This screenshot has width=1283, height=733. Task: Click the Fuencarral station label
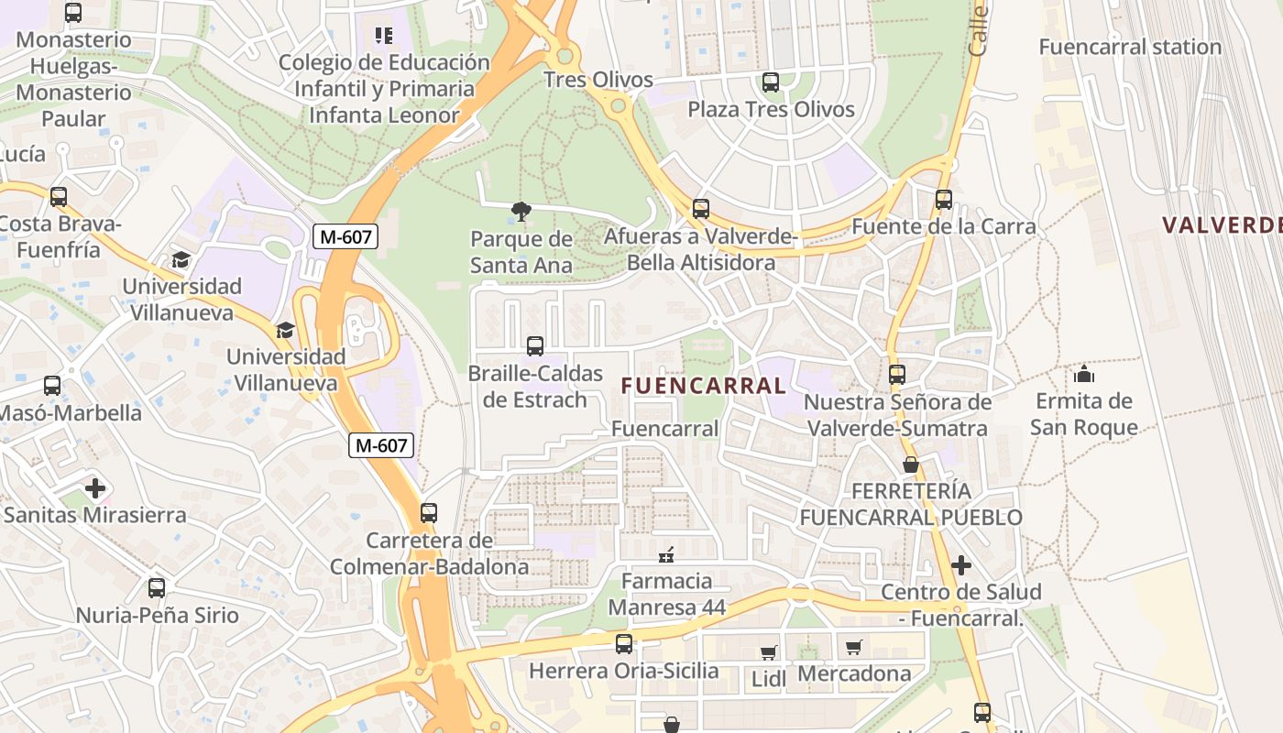click(x=1129, y=47)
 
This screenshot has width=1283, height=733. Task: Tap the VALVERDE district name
click(x=1222, y=224)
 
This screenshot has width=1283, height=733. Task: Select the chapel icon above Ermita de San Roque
click(x=1084, y=374)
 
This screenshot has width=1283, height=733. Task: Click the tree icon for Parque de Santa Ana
click(x=521, y=213)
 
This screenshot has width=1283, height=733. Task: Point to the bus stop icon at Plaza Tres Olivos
click(x=771, y=82)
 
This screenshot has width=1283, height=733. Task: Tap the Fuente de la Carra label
click(x=944, y=226)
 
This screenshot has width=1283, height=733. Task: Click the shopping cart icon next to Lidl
click(x=768, y=652)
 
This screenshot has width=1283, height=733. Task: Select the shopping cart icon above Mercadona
click(x=854, y=647)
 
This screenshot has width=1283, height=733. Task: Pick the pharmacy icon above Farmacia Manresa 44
click(x=666, y=554)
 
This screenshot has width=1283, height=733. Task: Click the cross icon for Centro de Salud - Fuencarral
click(x=960, y=565)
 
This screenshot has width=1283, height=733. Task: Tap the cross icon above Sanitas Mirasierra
click(x=95, y=488)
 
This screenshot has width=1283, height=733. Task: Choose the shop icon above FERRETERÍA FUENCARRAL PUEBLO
click(x=910, y=465)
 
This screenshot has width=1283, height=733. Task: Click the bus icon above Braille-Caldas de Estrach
click(x=535, y=346)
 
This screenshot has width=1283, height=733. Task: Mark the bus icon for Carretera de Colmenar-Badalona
click(x=429, y=513)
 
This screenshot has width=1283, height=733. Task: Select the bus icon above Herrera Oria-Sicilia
click(x=624, y=644)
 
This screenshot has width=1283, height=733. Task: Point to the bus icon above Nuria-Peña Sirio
click(x=157, y=588)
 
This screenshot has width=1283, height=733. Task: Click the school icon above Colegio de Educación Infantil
click(x=383, y=36)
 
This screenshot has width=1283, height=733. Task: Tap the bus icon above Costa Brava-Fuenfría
click(x=59, y=197)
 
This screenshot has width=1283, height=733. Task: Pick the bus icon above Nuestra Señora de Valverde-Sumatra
click(x=897, y=374)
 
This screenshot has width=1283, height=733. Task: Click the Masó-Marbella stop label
click(x=70, y=412)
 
